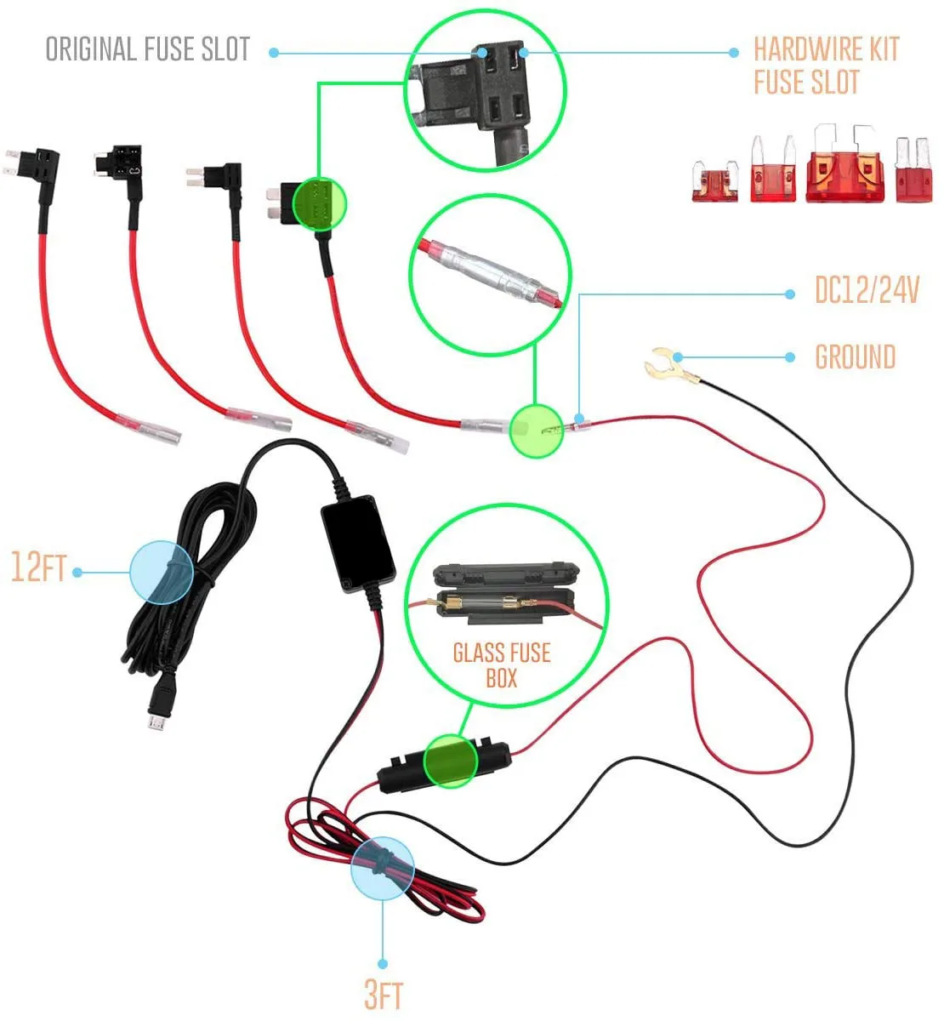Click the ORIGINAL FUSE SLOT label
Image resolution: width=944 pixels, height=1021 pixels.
147,49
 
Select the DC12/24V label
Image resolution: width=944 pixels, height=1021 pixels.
866,292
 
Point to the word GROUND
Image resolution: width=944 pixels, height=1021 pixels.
855,357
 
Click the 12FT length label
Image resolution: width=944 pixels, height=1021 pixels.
37,568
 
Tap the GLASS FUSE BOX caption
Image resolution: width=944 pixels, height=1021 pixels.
501,665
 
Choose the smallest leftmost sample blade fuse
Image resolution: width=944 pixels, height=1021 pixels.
713,181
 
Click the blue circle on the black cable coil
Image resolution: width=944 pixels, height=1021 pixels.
162,572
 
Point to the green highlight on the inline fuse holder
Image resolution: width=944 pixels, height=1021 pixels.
452,760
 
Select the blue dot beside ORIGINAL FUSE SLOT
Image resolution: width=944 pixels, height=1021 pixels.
273,52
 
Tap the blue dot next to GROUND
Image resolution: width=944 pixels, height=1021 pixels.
792,357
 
